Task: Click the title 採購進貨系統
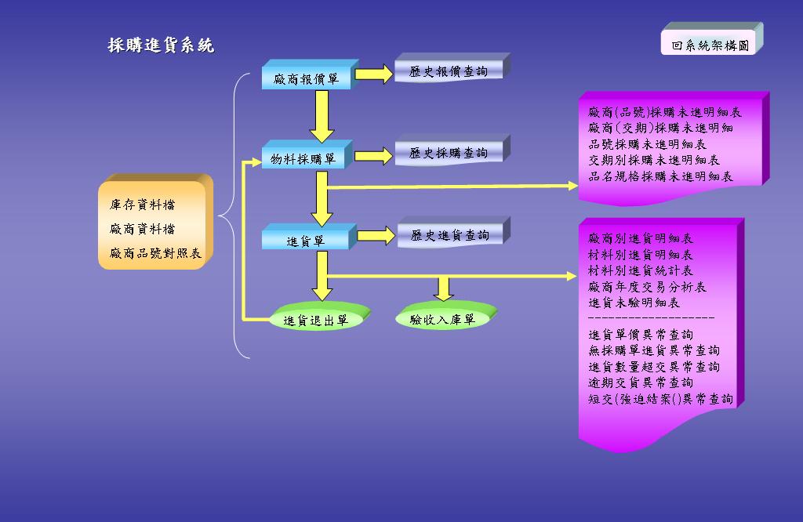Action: click(161, 45)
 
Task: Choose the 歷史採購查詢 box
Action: click(449, 153)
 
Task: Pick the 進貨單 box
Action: click(305, 241)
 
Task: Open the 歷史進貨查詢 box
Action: click(449, 235)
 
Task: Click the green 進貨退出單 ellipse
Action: click(315, 320)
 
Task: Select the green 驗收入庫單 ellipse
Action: click(443, 319)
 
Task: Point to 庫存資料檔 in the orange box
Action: click(143, 205)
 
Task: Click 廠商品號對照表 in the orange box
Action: click(156, 253)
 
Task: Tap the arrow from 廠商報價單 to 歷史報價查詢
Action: click(374, 74)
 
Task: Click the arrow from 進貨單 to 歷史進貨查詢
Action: click(376, 235)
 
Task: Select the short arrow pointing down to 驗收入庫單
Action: click(444, 288)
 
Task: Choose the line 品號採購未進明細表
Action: click(648, 144)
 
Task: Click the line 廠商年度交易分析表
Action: click(648, 287)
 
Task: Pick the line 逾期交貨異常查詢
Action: click(641, 382)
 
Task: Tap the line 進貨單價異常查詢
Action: click(641, 335)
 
